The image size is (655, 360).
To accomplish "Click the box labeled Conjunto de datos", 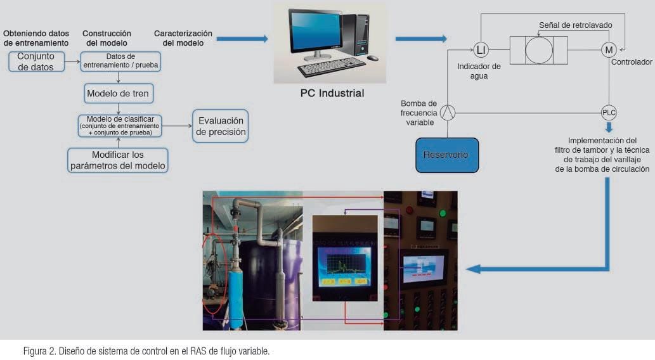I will point(36,61).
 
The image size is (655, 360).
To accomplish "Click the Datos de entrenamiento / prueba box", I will point(120,61).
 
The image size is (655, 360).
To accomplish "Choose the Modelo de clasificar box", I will point(120,125).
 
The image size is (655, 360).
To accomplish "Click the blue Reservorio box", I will point(447,155).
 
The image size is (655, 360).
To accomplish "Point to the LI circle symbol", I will point(481,50).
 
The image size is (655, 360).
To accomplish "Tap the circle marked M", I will point(609,50).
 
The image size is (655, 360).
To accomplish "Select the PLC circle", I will point(609,113).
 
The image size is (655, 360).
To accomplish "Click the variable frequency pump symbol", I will point(448,113).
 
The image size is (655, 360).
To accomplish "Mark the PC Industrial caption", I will point(332,93).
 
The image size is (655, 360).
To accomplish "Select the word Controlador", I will point(632,63).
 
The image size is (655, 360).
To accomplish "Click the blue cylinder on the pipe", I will point(236,297).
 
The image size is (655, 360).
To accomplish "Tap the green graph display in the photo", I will point(344,262).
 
